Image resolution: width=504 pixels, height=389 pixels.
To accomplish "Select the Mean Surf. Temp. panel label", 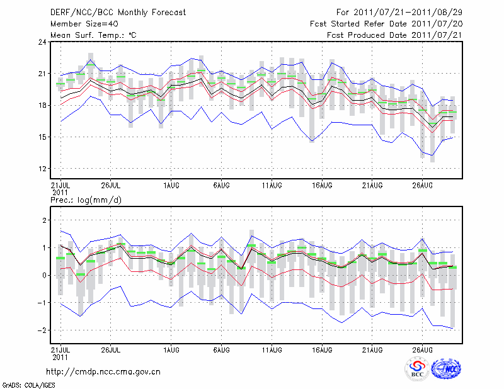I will click(x=93, y=35).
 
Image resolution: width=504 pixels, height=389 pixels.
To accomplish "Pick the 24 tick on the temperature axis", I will click(x=43, y=42).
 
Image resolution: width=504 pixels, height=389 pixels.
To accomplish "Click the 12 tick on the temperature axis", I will click(x=43, y=169).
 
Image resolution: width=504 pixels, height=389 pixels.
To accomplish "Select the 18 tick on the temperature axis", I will click(x=43, y=105).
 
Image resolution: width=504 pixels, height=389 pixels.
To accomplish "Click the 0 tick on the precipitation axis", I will click(x=45, y=275).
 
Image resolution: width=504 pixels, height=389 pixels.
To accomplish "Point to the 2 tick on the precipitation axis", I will click(x=45, y=220).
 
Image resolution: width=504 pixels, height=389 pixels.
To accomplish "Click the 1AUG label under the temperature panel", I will click(x=170, y=185).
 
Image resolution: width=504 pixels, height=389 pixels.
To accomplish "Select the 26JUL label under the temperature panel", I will click(x=111, y=185).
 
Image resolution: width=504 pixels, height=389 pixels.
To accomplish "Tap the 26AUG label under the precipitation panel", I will click(x=423, y=349).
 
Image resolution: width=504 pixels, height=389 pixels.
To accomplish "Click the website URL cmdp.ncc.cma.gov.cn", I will click(x=103, y=371).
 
